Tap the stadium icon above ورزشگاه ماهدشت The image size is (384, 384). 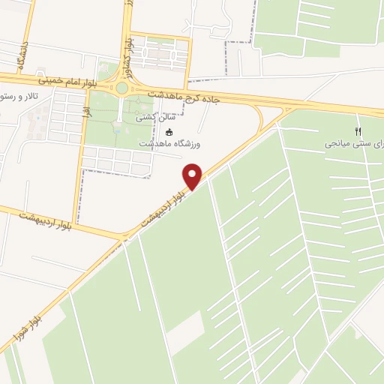click(169, 133)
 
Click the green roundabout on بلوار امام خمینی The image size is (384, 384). click(121, 88)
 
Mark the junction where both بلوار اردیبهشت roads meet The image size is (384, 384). click(122, 238)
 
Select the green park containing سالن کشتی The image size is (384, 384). click(112, 124)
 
